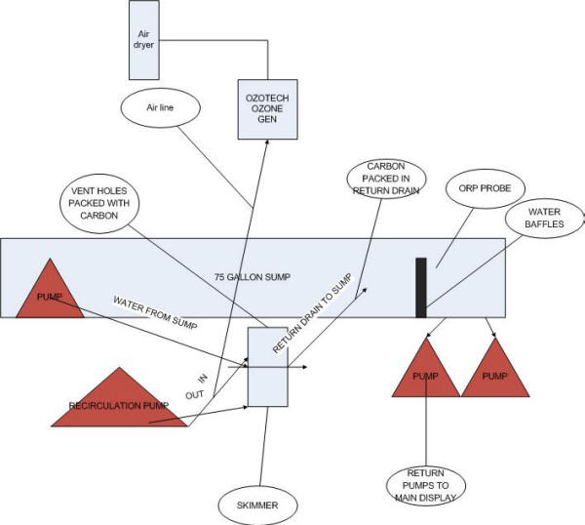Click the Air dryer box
click(143, 40)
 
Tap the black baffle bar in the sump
click(421, 287)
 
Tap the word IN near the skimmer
click(203, 377)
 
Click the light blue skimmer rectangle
click(269, 367)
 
